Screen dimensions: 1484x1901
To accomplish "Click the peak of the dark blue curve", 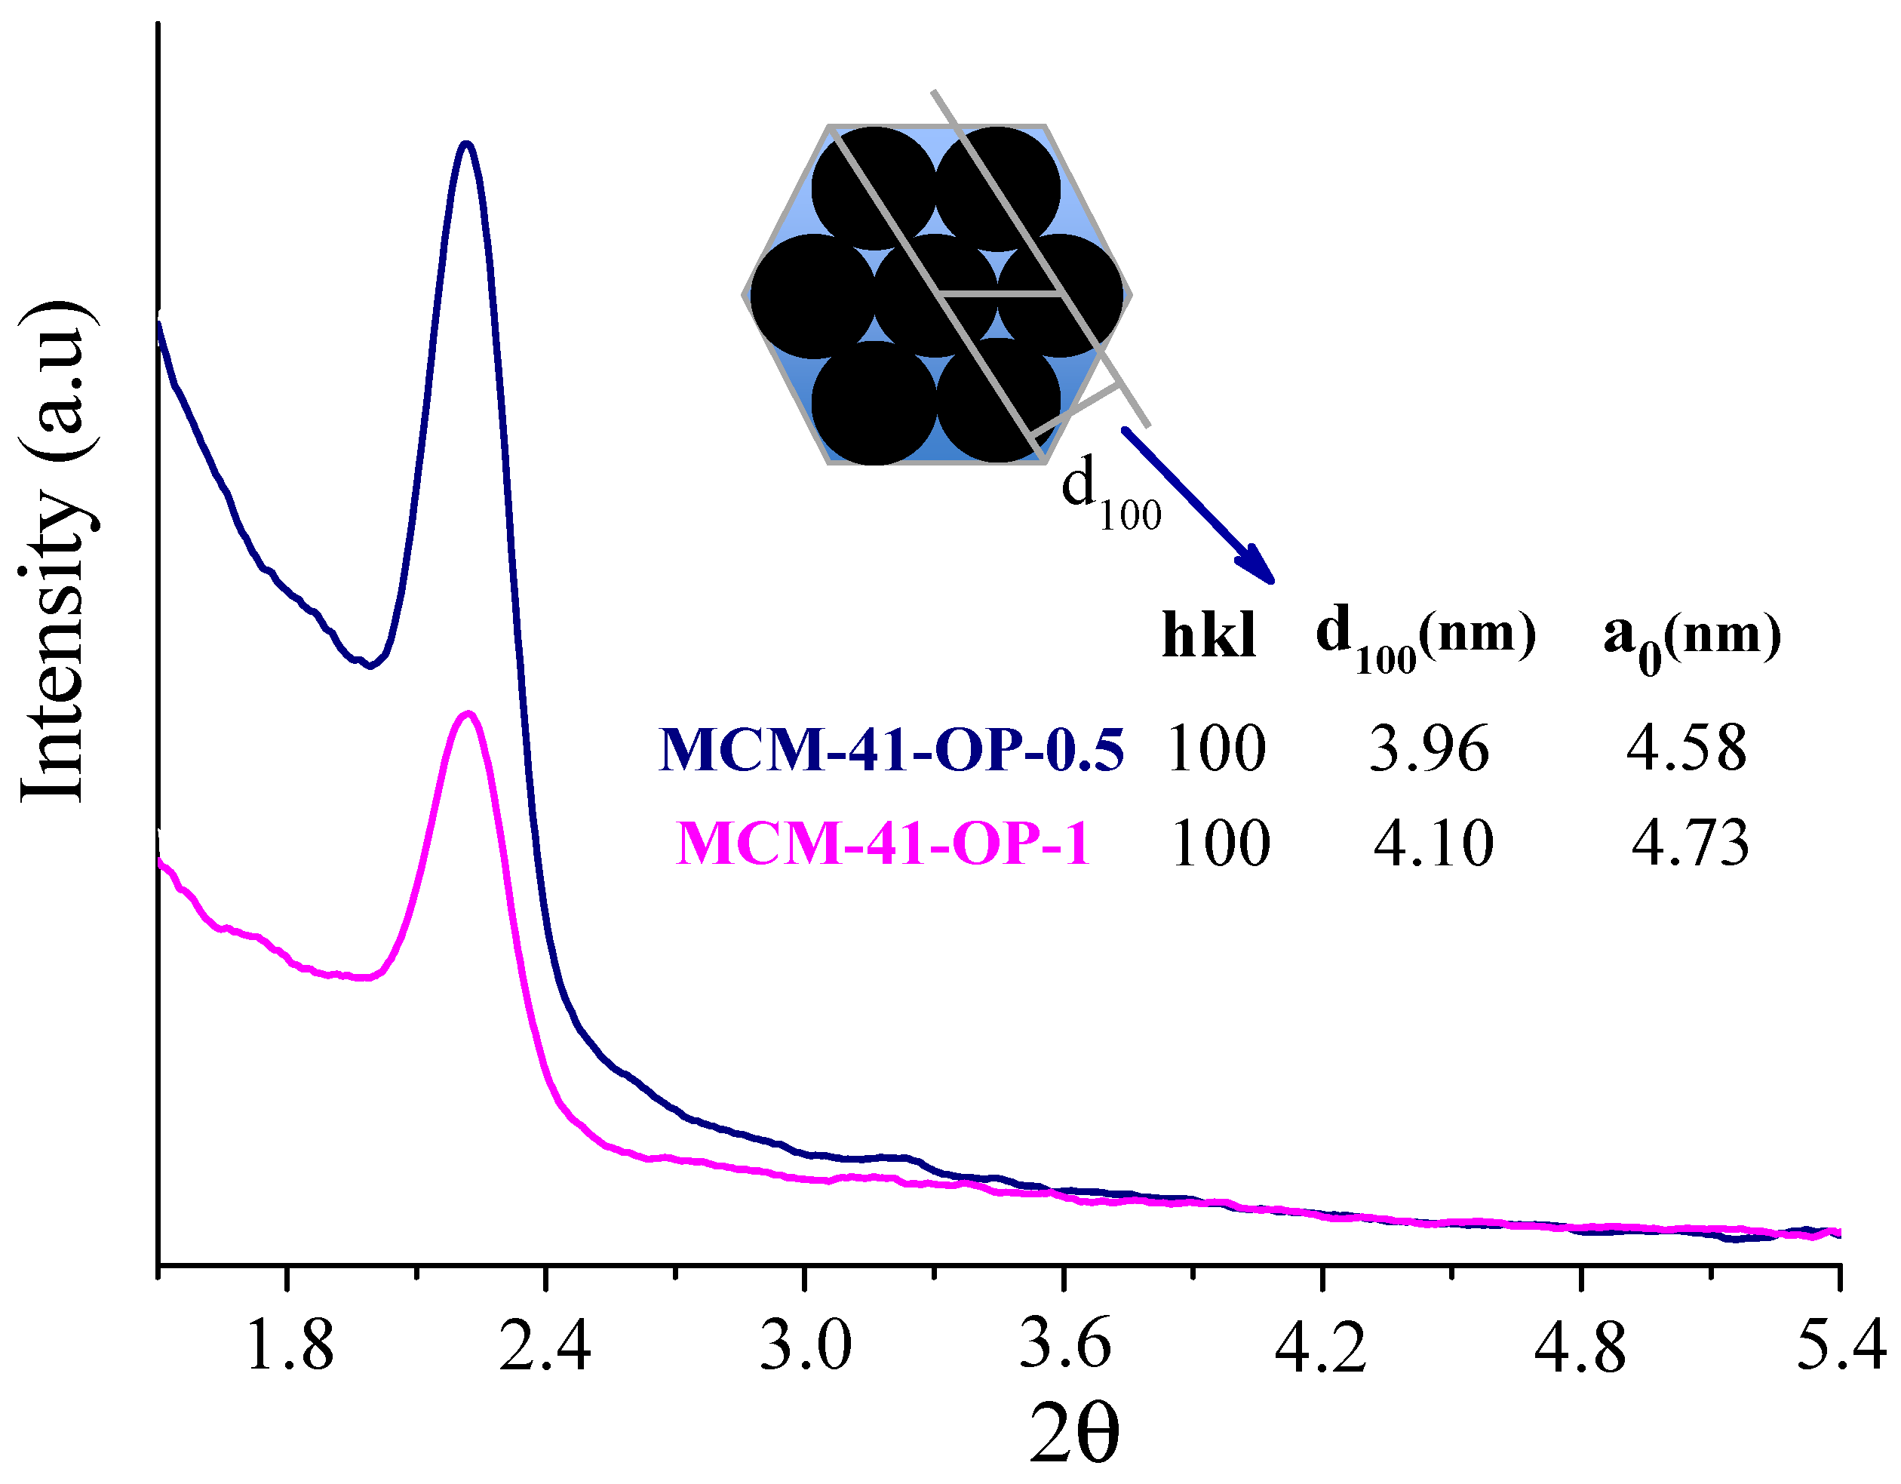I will point(466,145).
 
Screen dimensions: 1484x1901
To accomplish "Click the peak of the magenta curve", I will point(469,714).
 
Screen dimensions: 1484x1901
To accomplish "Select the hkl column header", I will point(1209,636).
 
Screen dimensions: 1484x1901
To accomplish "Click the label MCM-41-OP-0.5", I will point(892,749).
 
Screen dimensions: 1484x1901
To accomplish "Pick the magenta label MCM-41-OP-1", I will point(883,843).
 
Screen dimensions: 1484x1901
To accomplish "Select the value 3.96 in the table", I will point(1428,749).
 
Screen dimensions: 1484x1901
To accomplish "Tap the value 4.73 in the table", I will point(1690,843).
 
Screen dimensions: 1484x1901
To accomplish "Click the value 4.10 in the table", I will point(1433,843).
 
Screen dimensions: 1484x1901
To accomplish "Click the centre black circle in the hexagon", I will point(935,295).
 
